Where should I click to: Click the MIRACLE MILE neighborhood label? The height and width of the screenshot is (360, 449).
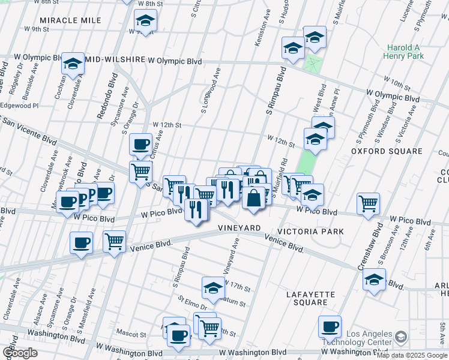[71, 20]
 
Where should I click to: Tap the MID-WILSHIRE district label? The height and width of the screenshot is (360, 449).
[115, 61]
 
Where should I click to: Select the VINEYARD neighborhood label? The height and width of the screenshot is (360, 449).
[239, 229]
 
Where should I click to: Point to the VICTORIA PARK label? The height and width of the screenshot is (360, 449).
[310, 232]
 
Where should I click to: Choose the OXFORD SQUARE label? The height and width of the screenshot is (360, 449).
[378, 152]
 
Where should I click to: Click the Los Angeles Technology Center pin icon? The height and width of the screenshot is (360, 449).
[402, 338]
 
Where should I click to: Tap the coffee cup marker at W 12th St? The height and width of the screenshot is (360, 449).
[141, 144]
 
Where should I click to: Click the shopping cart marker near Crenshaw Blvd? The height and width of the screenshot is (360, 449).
[368, 202]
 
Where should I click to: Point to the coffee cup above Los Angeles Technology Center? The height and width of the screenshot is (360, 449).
[330, 326]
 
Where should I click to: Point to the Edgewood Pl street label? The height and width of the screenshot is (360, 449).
[19, 105]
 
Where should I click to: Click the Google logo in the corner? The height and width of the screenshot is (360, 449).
[20, 353]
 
